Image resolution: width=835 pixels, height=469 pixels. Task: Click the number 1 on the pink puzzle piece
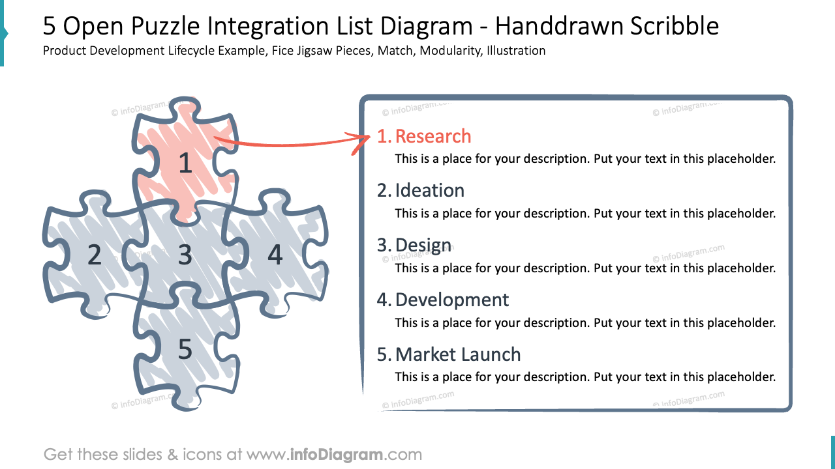point(185,163)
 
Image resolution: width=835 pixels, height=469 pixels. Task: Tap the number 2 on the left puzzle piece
point(95,255)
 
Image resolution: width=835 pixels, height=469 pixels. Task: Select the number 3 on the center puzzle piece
point(185,255)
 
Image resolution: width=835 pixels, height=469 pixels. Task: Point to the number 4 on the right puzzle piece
point(275,255)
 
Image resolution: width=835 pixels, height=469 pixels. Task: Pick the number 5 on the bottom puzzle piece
point(185,350)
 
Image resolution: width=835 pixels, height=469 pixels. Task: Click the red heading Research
point(433,136)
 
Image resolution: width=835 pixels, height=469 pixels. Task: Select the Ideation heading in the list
point(429,190)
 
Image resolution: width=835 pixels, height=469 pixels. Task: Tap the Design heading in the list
point(423,245)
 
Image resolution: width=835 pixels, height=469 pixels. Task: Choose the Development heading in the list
point(451,300)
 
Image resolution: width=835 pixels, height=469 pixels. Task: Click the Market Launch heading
point(457,354)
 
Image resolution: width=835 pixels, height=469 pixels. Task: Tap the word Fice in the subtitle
point(281,50)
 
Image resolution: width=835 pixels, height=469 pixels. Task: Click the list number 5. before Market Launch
point(384,354)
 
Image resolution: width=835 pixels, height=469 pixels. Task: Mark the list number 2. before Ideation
point(384,190)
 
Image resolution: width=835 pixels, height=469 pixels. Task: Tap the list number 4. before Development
point(384,300)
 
